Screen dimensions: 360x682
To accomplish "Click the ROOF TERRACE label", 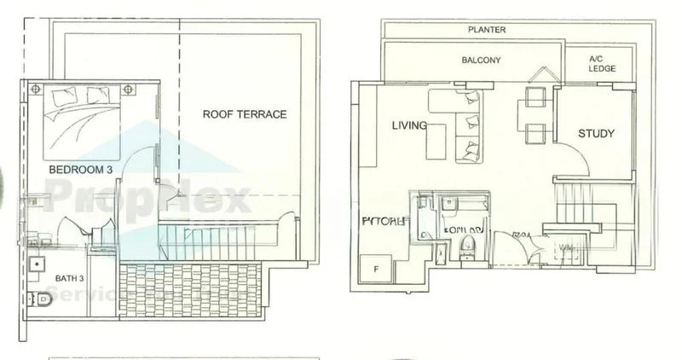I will (x=244, y=114).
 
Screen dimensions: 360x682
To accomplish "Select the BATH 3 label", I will (x=66, y=277).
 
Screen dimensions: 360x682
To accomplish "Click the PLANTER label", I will (x=487, y=30).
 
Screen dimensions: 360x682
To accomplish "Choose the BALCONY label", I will (x=481, y=61).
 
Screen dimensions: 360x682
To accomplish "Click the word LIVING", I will (x=408, y=126).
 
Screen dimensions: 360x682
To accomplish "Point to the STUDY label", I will (x=596, y=134).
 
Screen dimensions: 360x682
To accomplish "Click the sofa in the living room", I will (x=467, y=128).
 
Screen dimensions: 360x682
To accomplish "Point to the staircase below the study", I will (x=588, y=209).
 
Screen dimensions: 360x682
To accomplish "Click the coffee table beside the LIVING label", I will (x=436, y=139).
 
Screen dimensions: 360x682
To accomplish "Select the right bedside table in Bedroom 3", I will (x=130, y=88).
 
